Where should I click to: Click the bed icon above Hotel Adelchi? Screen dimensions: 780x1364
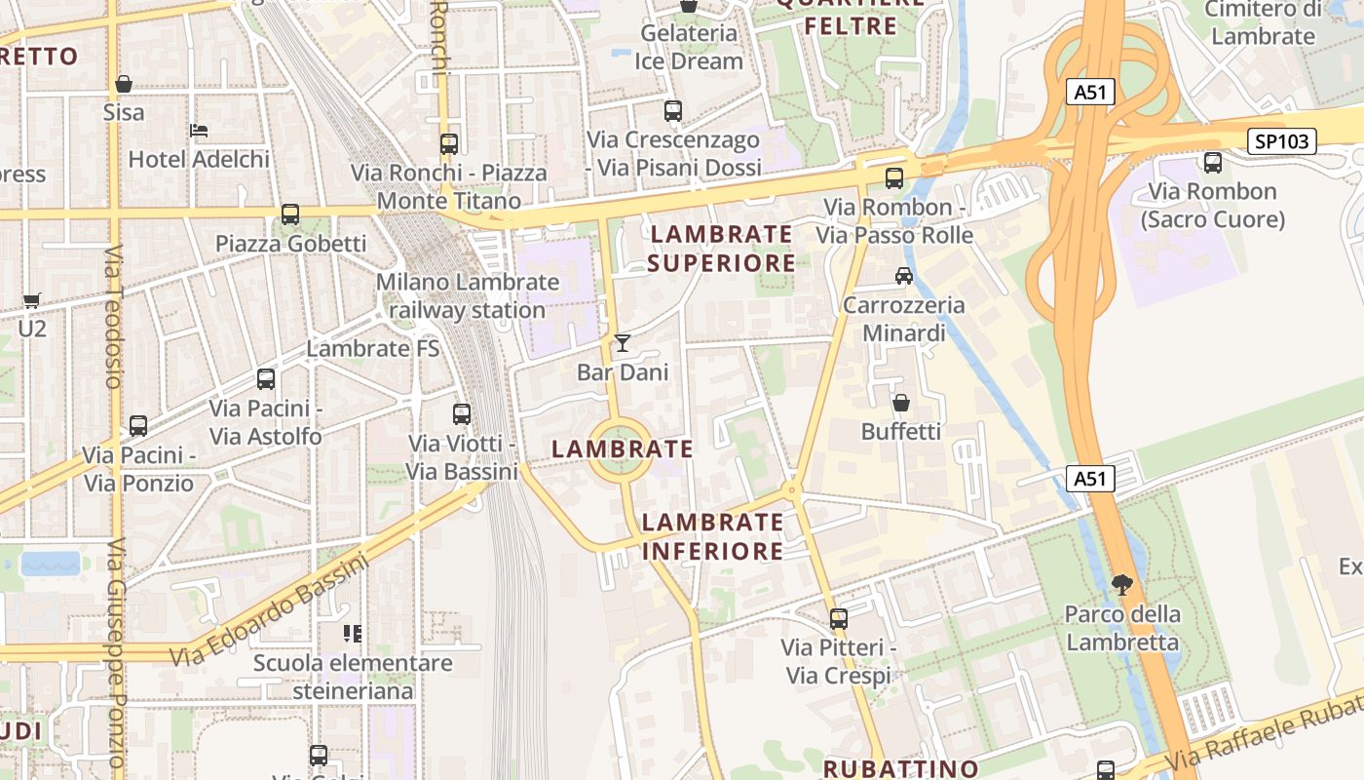[x=199, y=130]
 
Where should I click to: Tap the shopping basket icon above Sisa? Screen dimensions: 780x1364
[x=124, y=84]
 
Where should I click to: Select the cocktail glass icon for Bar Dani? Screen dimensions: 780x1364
[x=623, y=343]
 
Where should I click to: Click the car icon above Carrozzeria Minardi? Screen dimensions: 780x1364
[x=904, y=276]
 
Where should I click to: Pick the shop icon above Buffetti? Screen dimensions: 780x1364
[x=901, y=402]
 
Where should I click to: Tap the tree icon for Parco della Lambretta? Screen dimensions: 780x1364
[x=1122, y=585]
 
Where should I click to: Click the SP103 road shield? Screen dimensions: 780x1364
[x=1282, y=141]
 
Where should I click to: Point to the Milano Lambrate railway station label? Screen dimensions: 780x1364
[x=468, y=296]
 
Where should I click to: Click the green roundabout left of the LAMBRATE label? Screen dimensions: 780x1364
[x=620, y=450]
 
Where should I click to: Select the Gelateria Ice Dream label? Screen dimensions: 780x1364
[x=689, y=47]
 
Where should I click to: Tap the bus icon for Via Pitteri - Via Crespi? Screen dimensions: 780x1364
[x=838, y=619]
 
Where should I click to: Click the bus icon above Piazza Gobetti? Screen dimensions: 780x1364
[x=290, y=214]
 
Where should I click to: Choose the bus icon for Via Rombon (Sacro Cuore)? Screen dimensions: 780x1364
[x=1213, y=163]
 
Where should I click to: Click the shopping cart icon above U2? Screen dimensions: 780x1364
[x=32, y=300]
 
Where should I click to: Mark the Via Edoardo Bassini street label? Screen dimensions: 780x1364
[x=271, y=611]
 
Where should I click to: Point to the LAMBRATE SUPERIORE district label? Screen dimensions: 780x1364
[x=721, y=249]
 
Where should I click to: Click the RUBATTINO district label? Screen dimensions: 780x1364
[x=900, y=768]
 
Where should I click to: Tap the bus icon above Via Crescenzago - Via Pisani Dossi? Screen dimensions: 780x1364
[x=673, y=111]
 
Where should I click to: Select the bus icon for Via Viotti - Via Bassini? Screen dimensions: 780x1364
[x=462, y=414]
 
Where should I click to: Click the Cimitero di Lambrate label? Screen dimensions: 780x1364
[x=1263, y=23]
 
